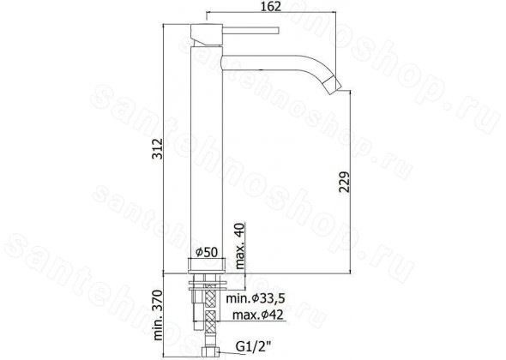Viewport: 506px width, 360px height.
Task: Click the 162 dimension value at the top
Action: pos(271,6)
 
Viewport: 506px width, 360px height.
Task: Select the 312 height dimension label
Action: pos(158,148)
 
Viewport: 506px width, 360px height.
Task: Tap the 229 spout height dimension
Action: pos(344,182)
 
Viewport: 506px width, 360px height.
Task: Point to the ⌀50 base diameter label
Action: pos(207,252)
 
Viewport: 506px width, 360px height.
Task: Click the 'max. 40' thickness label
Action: pos(240,246)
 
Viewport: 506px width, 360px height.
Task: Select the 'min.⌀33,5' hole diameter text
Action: pos(256,298)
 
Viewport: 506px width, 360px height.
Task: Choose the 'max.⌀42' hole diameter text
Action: pos(258,315)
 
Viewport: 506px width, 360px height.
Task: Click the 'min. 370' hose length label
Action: pos(158,315)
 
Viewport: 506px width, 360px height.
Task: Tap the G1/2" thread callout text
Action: pos(253,347)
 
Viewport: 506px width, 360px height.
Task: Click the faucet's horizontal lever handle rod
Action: pos(250,30)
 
